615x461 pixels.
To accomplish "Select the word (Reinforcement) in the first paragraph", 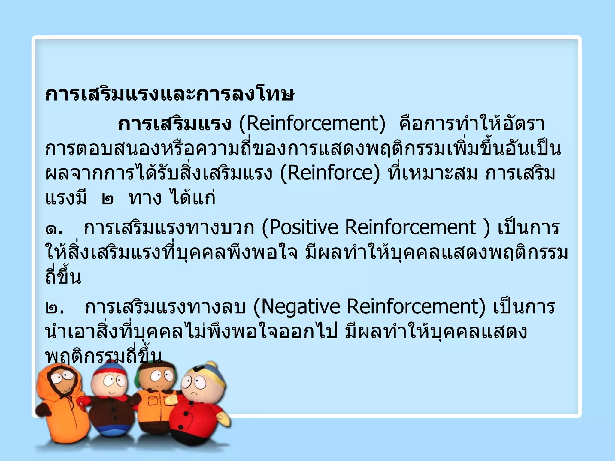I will (x=312, y=123).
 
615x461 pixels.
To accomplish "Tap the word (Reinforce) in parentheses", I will (x=330, y=173).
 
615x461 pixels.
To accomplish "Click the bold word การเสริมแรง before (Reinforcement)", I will (x=174, y=124).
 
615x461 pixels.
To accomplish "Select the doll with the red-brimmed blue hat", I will (x=110, y=399).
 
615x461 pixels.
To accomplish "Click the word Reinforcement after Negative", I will (x=416, y=307).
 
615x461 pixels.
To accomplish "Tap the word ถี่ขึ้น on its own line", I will (x=63, y=277).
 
